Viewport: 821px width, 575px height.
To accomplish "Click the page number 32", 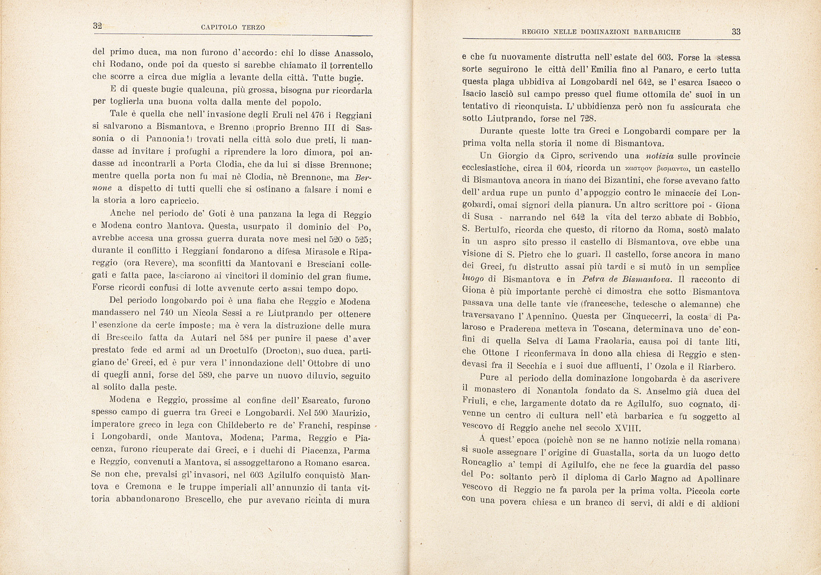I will pyautogui.click(x=97, y=26).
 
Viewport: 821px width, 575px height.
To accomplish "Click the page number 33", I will pyautogui.click(x=736, y=32).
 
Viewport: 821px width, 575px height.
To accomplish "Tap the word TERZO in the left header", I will pyautogui.click(x=253, y=27).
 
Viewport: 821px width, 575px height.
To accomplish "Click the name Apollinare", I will pyautogui.click(x=713, y=479).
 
